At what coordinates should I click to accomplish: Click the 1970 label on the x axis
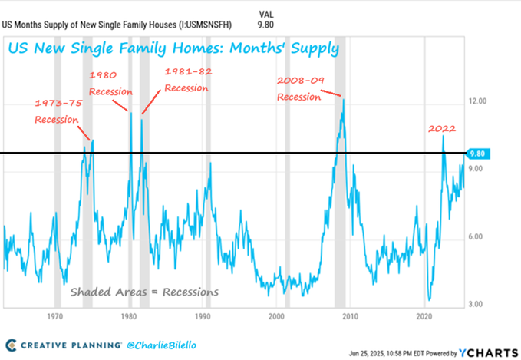[x=54, y=315]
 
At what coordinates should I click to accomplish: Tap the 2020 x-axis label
[x=425, y=315]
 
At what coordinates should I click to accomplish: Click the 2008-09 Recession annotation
[x=298, y=89]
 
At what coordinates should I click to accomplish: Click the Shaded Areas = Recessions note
[x=144, y=292]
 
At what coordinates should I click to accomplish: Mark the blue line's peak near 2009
[x=343, y=99]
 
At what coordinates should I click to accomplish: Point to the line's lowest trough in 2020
[x=429, y=300]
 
